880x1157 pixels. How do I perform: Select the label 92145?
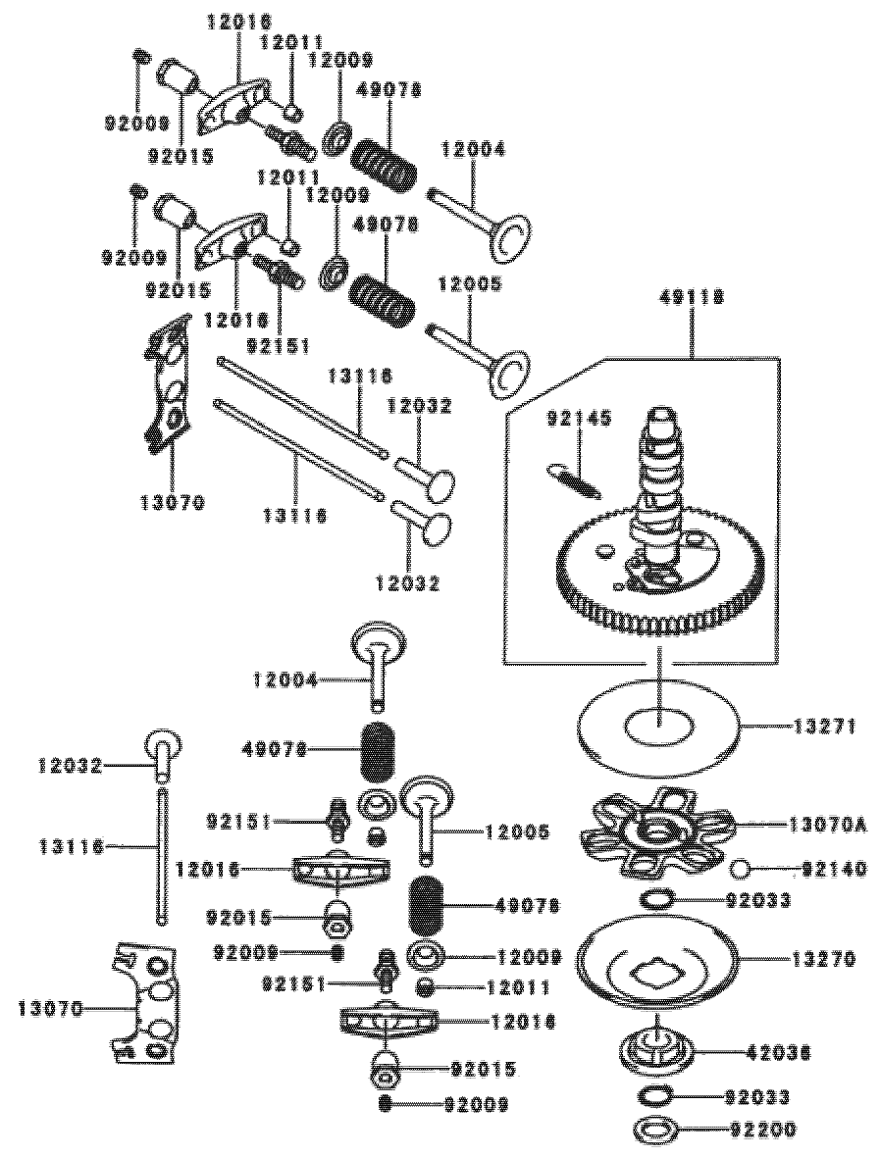pos(580,420)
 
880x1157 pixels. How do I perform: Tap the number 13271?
pos(827,728)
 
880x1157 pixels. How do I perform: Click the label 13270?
pos(827,957)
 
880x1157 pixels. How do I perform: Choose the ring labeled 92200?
pos(655,1130)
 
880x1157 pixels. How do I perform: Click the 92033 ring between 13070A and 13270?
pos(658,899)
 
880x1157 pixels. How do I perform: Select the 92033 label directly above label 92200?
pos(761,1096)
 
